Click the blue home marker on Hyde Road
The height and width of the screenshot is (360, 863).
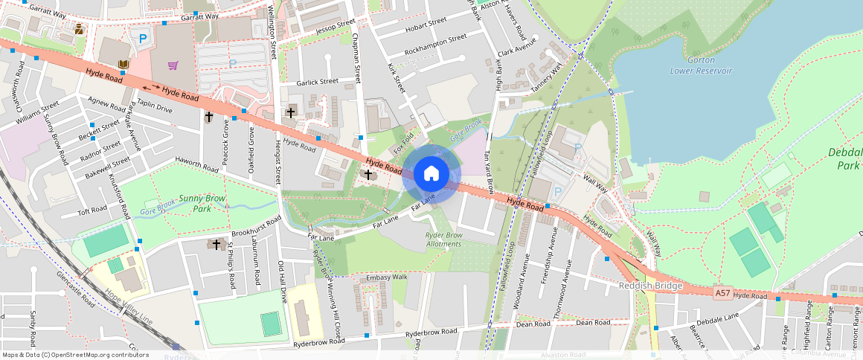pyautogui.click(x=431, y=174)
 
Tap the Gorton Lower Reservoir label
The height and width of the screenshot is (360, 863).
pyautogui.click(x=701, y=65)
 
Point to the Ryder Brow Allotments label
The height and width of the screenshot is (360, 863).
pyautogui.click(x=444, y=240)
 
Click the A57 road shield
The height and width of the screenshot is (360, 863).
pyautogui.click(x=722, y=294)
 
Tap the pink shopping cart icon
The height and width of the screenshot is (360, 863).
pyautogui.click(x=173, y=65)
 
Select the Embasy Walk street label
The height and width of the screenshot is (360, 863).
pyautogui.click(x=388, y=277)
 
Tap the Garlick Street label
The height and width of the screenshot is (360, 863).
pyautogui.click(x=318, y=82)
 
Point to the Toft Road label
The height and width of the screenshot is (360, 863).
pyautogui.click(x=93, y=210)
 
